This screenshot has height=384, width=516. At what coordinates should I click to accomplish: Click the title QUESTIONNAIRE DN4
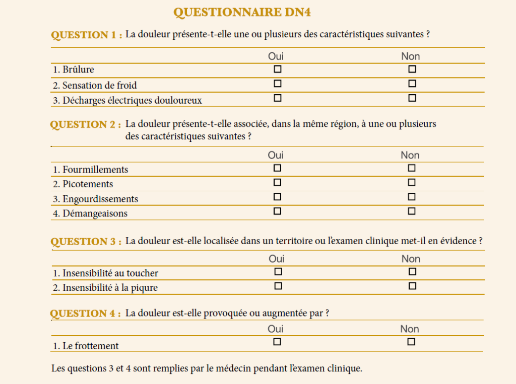point(246,13)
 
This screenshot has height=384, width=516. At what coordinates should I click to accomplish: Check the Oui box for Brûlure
point(277,69)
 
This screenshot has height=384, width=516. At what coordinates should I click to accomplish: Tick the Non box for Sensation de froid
point(412,84)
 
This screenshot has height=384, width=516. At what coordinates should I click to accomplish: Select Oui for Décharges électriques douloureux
point(277,98)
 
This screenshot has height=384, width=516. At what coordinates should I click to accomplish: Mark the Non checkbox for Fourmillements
point(412,168)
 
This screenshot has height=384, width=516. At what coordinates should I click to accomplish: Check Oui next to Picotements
point(277,182)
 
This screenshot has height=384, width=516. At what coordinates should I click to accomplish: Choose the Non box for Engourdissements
point(412,197)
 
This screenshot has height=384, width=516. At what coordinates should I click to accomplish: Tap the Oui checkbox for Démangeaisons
point(277,211)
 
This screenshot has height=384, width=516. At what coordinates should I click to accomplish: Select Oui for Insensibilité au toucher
point(278,272)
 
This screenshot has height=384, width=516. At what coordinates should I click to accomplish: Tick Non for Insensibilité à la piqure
point(412,286)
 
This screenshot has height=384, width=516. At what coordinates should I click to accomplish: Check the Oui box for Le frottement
point(277,342)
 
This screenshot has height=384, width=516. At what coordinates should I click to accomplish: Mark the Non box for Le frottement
point(411,342)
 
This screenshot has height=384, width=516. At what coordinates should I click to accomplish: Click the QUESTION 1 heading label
point(87,35)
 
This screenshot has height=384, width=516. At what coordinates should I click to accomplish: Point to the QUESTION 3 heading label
point(86,242)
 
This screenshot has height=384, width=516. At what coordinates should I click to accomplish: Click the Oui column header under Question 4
point(276,329)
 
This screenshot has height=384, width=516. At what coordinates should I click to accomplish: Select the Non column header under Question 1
point(410,56)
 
